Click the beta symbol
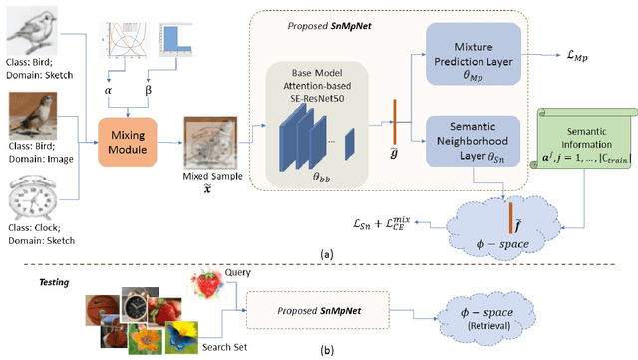(x=151, y=90)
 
